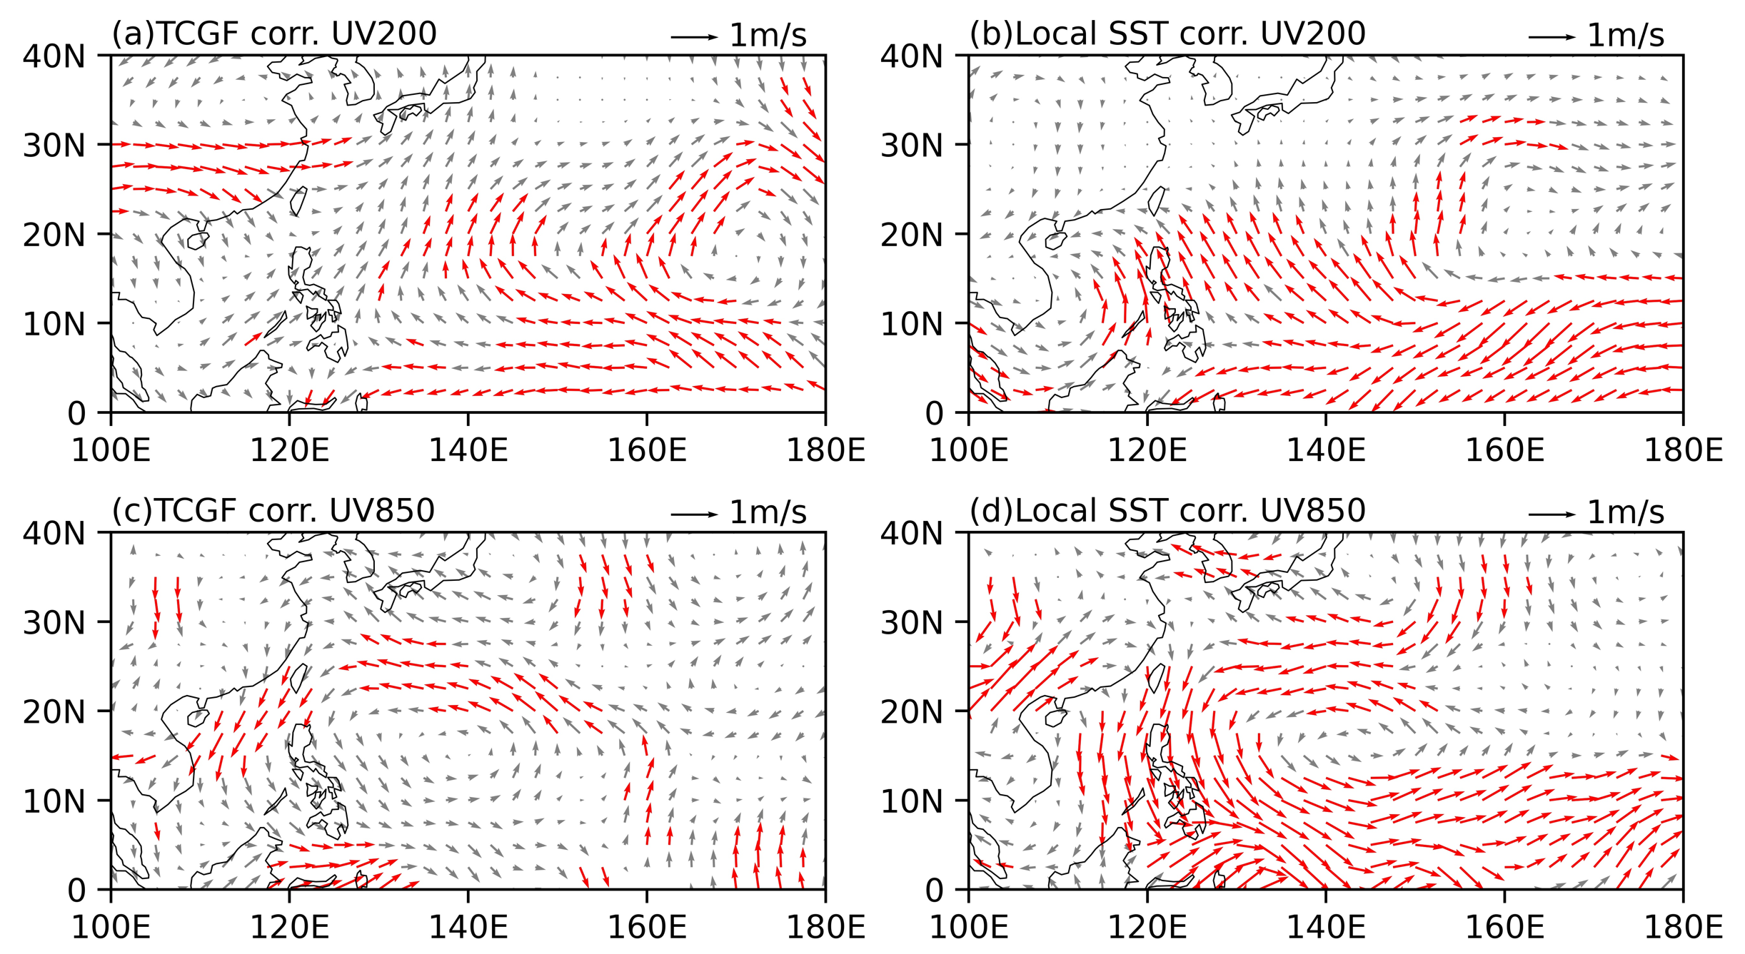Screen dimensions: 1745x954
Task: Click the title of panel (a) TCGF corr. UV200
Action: pos(274,34)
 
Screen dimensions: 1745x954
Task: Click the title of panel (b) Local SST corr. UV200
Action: pos(1167,34)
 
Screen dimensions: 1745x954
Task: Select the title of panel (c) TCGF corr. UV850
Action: pos(273,511)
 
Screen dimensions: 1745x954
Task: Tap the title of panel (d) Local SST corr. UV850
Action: pos(1167,511)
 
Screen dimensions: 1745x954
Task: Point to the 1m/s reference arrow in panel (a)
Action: pos(695,37)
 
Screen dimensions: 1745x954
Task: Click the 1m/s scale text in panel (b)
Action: pos(1626,36)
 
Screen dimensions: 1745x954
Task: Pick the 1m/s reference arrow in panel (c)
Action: pos(695,514)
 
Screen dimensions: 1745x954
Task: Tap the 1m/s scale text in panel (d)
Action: pos(1626,512)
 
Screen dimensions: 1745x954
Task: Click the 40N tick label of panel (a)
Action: pos(54,56)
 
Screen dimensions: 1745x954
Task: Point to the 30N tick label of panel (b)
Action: pos(912,146)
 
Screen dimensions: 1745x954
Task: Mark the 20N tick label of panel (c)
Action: pos(54,712)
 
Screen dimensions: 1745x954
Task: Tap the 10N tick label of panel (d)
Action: pos(912,801)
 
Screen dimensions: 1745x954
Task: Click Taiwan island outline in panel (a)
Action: pos(298,201)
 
